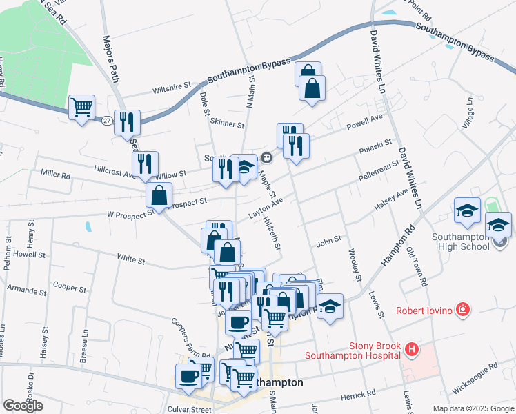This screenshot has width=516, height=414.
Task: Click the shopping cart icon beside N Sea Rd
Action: (82, 107)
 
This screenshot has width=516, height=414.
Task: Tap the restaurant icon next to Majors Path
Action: (127, 121)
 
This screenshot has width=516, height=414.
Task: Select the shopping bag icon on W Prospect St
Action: (159, 195)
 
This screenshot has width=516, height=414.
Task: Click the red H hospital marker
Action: (412, 350)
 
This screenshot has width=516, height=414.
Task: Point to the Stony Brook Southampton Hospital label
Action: (353, 350)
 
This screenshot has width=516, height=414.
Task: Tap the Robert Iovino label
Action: (423, 310)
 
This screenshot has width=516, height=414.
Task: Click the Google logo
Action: (23, 405)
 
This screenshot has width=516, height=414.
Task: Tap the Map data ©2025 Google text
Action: (473, 408)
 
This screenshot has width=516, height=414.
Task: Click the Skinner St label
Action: (227, 125)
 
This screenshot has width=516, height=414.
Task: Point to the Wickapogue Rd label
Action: (474, 377)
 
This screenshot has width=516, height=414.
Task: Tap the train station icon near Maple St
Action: (266, 157)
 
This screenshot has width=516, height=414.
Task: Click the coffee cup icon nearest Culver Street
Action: (189, 376)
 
